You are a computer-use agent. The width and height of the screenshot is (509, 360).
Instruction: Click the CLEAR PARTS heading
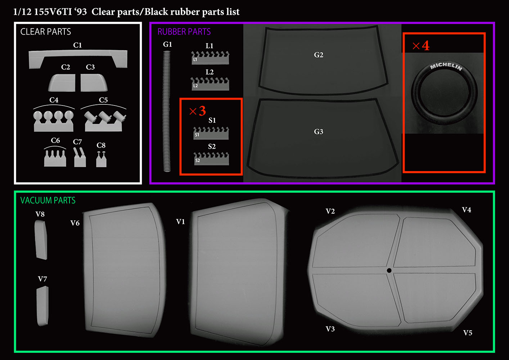[45, 32]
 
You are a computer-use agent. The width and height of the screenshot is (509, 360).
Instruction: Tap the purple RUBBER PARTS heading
[184, 32]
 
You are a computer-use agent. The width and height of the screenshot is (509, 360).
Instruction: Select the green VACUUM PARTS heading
[48, 200]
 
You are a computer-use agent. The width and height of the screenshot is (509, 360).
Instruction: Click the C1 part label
[77, 45]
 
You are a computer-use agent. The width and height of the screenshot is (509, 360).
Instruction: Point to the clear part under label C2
[62, 83]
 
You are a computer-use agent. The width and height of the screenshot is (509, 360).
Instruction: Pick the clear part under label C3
[94, 83]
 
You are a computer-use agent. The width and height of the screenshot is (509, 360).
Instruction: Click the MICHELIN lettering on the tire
[446, 66]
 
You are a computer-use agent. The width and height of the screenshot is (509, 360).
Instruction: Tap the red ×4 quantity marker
[421, 45]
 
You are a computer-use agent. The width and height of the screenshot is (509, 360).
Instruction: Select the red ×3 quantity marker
[198, 111]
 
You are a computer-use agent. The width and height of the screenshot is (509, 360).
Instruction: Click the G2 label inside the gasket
[319, 55]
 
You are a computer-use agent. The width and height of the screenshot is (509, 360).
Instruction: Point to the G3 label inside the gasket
[319, 132]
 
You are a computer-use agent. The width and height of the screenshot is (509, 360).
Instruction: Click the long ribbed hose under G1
[167, 111]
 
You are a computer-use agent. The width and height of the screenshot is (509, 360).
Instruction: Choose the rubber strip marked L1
[210, 58]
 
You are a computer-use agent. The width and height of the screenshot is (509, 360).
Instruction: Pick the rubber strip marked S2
[211, 159]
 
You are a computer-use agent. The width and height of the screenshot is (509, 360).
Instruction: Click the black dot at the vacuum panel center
[389, 270]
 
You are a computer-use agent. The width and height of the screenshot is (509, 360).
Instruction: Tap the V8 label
[40, 214]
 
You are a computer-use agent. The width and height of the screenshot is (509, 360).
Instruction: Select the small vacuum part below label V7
[42, 306]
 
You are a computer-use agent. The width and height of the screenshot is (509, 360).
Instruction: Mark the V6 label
[75, 223]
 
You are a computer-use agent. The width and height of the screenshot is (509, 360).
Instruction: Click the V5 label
[468, 333]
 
